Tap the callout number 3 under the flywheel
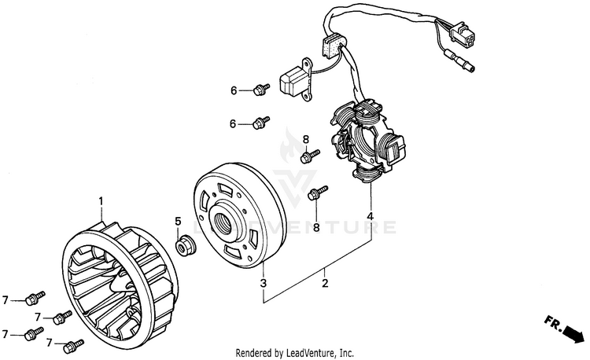tap(264, 283)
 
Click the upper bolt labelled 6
tap(260, 90)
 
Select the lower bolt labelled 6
tap(260, 122)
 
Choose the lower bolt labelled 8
tap(318, 192)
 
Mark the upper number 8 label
tap(305, 139)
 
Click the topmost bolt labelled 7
tap(34, 298)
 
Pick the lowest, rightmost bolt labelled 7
tap(75, 343)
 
